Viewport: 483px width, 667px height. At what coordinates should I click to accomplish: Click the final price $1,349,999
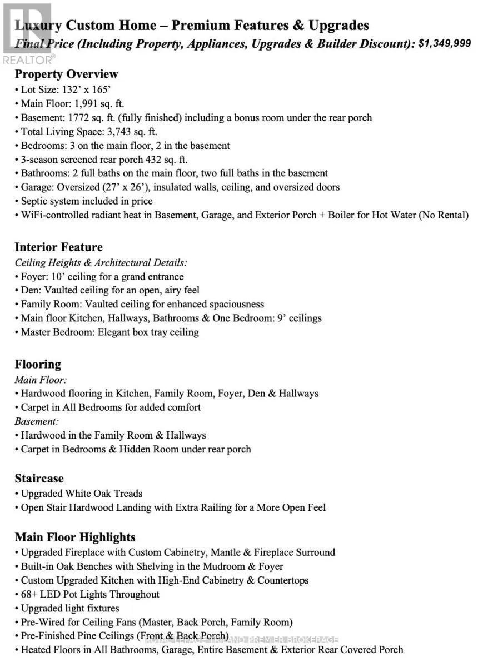[444, 43]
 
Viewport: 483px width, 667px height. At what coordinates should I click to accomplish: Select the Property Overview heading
[66, 74]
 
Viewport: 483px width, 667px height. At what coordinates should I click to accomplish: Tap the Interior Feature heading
[58, 247]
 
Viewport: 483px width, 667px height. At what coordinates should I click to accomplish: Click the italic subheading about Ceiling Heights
[101, 262]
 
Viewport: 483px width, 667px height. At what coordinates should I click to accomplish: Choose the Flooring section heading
[38, 365]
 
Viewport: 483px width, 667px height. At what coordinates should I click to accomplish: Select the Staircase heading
[39, 479]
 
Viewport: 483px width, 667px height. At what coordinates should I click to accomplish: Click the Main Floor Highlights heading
[75, 537]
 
